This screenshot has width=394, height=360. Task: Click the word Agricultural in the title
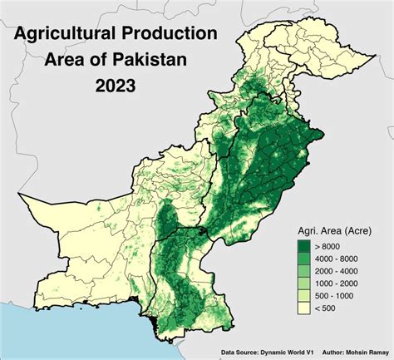click(x=66, y=34)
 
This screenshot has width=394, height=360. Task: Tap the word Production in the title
click(x=175, y=34)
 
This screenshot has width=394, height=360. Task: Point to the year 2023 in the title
click(x=116, y=86)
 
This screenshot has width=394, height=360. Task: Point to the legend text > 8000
click(x=329, y=246)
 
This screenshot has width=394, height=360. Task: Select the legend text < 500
click(x=327, y=308)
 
